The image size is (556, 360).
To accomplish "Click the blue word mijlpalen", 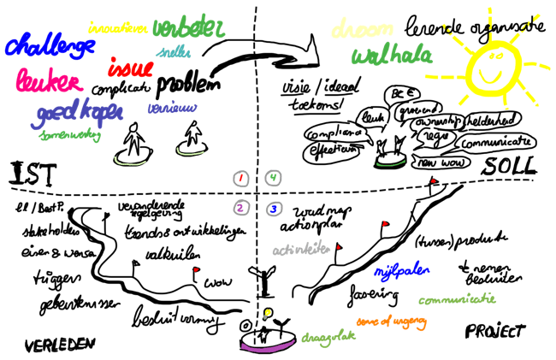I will coord(399,271).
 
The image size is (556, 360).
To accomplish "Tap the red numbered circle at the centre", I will coord(243,178).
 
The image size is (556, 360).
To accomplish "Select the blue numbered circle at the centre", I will coord(273,207).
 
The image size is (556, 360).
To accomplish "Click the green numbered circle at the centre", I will coord(273,178).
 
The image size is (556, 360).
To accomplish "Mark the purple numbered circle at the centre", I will coord(243,207).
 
